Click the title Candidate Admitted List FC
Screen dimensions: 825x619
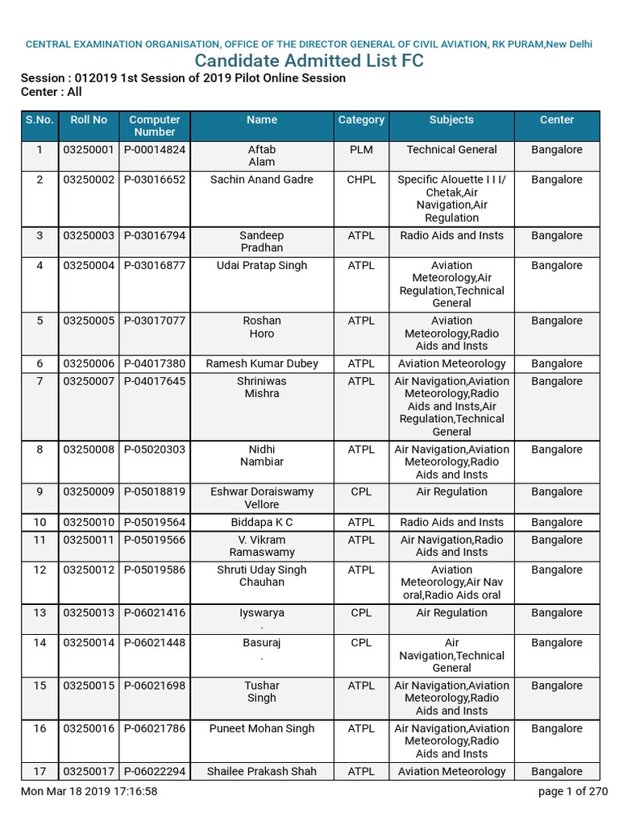tap(309, 61)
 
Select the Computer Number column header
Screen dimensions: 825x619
tap(155, 126)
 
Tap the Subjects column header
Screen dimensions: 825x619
tap(451, 119)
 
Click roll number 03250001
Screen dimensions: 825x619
tap(89, 150)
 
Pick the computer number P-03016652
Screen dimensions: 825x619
tap(155, 180)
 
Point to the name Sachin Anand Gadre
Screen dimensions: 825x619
tap(262, 180)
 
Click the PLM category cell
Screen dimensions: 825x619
tap(361, 150)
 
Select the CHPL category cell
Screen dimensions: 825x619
tap(361, 180)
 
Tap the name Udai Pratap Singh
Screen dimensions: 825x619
tap(262, 265)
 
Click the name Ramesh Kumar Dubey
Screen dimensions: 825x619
tap(262, 363)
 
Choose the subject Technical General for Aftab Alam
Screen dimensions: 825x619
tap(451, 150)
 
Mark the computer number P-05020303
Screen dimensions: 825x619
tap(155, 450)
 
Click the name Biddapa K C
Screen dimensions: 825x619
tap(262, 522)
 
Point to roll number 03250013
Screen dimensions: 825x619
tap(89, 613)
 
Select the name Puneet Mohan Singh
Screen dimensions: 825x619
tap(262, 728)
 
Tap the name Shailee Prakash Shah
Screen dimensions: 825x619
tap(262, 771)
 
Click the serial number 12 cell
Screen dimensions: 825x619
tap(39, 570)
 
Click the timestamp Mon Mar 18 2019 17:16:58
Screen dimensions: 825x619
tap(89, 791)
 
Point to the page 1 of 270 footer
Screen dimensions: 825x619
tap(573, 791)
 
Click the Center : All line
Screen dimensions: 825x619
tap(51, 92)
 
